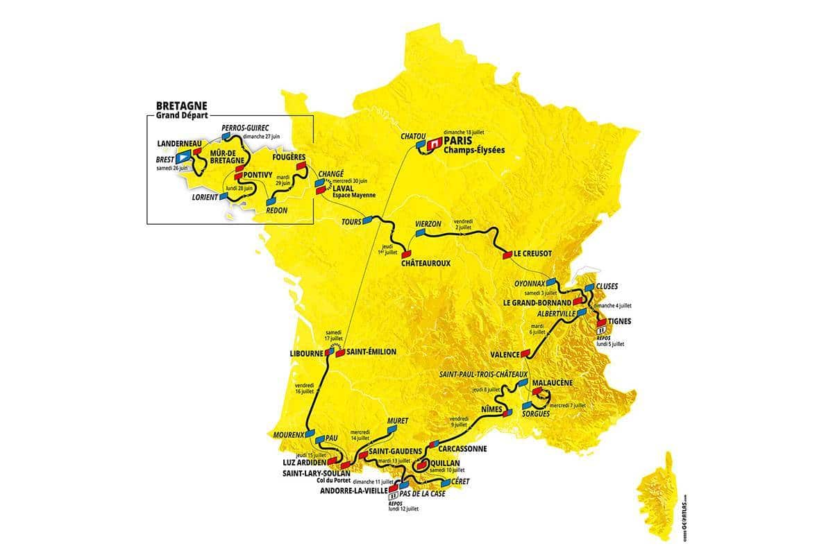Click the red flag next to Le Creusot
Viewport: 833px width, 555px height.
click(507, 255)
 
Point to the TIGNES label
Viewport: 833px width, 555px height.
click(620, 321)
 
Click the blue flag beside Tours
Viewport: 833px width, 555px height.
click(368, 219)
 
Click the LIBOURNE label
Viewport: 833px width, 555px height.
click(305, 352)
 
